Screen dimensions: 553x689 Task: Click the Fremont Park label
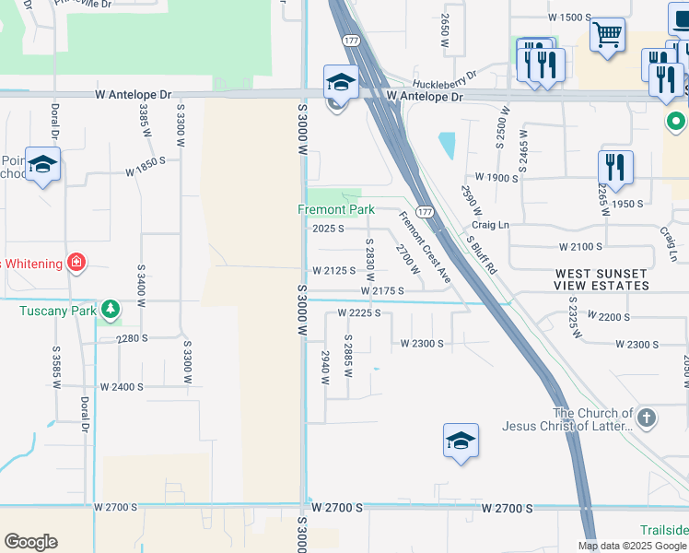click(335, 209)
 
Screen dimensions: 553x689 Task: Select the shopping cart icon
click(607, 36)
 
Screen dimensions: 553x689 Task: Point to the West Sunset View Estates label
click(602, 280)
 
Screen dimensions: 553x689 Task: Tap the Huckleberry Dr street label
click(445, 76)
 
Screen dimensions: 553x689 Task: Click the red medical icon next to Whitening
click(76, 263)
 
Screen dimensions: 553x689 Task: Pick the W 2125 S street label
click(333, 271)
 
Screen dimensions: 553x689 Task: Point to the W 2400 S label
click(122, 387)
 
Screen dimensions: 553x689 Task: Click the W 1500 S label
click(569, 18)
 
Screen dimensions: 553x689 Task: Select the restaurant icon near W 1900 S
click(614, 167)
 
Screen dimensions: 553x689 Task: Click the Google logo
click(30, 542)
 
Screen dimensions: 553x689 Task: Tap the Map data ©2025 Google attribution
click(632, 546)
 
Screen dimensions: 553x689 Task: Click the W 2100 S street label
click(580, 247)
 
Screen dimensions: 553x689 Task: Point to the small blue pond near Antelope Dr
click(447, 145)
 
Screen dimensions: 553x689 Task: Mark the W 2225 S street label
click(359, 313)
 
